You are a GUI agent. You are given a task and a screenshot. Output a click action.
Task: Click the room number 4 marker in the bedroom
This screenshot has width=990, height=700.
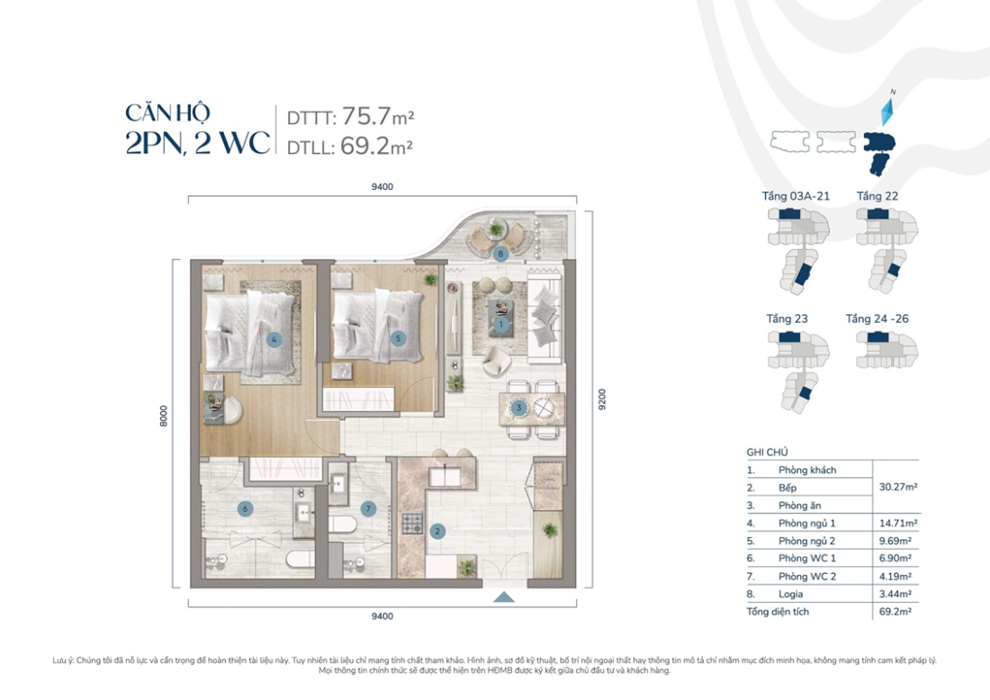[274, 340]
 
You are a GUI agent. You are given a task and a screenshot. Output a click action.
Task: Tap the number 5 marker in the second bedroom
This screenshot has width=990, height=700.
[399, 339]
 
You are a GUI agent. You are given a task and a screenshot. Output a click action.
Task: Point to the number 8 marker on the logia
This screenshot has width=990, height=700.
[501, 255]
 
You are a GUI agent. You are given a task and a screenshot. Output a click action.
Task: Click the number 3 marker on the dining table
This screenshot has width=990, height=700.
[519, 408]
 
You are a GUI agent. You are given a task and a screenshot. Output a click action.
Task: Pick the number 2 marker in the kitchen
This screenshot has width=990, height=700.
[437, 531]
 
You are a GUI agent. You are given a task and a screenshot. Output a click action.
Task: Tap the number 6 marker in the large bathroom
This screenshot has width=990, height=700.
[244, 509]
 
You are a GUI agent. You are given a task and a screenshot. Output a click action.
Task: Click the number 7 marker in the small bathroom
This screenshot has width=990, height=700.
[367, 509]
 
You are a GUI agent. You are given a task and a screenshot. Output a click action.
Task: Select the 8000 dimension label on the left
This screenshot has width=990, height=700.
[164, 417]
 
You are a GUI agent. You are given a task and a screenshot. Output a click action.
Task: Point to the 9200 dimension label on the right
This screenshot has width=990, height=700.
[601, 399]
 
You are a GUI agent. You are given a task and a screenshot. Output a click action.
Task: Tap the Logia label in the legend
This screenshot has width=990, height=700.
[791, 594]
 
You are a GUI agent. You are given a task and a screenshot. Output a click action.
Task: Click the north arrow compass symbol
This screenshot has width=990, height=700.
[887, 111]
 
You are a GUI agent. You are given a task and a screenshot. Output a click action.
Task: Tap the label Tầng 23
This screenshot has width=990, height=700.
[787, 319]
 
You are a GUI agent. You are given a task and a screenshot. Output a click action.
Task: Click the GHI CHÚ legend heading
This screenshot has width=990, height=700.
[768, 453]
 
